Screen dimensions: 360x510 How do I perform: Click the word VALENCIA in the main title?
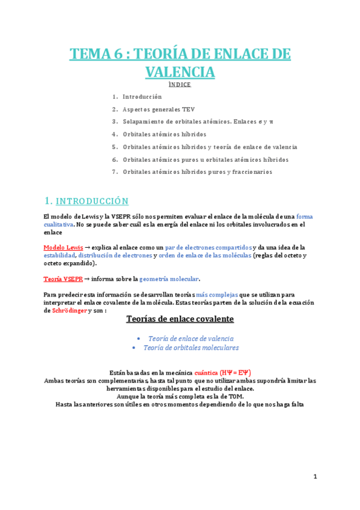[180, 72]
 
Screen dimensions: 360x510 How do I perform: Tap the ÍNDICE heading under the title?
[180, 85]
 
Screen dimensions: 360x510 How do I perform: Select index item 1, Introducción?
[142, 97]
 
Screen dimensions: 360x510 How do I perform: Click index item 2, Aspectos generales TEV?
[159, 109]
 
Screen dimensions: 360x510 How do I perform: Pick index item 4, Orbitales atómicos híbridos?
[164, 134]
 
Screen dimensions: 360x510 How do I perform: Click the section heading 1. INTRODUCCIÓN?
[87, 201]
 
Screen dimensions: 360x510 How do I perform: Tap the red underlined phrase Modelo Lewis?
[63, 247]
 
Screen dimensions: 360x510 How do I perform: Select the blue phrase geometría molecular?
[169, 279]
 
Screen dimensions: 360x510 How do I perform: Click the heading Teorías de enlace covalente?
[180, 319]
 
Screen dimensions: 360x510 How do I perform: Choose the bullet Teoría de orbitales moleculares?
[191, 348]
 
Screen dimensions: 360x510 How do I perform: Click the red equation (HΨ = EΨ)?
[239, 372]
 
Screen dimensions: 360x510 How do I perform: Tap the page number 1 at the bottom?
[314, 477]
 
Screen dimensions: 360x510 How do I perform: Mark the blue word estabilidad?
[59, 256]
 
